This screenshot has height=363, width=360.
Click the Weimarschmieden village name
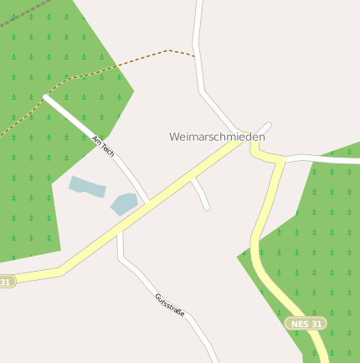click(217, 136)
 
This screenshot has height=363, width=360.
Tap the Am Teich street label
click(103, 146)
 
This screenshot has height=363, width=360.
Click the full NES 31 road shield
click(306, 323)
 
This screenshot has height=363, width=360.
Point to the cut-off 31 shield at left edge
click(6, 283)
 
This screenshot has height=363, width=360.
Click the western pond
click(87, 186)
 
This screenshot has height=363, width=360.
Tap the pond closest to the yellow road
click(124, 204)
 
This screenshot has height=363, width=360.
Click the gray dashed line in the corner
click(21, 15)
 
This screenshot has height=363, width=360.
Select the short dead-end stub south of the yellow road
click(201, 194)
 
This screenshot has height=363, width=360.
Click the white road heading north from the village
click(199, 50)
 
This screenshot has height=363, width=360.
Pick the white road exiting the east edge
click(327, 158)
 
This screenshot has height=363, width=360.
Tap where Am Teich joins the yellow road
click(148, 202)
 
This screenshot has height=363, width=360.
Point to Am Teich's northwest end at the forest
click(47, 97)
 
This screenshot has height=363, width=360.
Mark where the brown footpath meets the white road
click(195, 56)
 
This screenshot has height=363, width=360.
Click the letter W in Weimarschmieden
click(174, 136)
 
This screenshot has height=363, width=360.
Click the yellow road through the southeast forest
click(268, 268)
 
